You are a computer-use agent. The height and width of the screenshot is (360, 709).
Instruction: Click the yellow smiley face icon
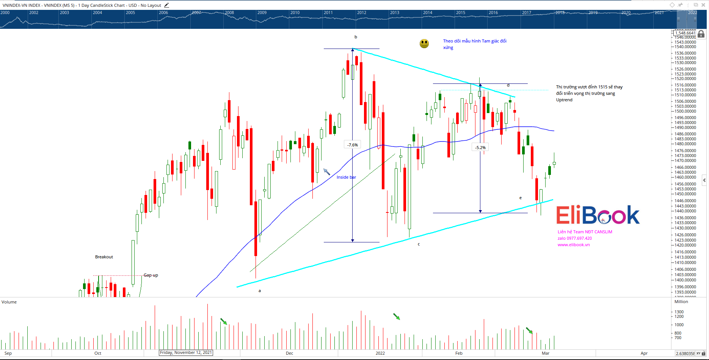pyautogui.click(x=424, y=44)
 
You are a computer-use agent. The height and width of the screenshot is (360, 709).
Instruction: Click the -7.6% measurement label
pyautogui.click(x=353, y=145)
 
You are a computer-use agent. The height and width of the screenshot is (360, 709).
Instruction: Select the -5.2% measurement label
pyautogui.click(x=480, y=148)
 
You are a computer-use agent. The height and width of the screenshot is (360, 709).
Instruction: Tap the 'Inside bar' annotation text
pyautogui.click(x=346, y=177)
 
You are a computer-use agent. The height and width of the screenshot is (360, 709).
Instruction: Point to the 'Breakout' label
pyautogui.click(x=104, y=257)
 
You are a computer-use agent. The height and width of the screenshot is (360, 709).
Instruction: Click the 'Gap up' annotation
pyautogui.click(x=151, y=275)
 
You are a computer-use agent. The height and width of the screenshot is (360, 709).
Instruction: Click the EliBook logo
pyautogui.click(x=598, y=215)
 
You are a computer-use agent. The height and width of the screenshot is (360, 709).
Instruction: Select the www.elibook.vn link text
pyautogui.click(x=573, y=245)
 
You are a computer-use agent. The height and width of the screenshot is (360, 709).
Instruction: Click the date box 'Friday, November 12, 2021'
pyautogui.click(x=186, y=353)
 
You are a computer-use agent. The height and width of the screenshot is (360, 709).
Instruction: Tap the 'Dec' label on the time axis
pyautogui.click(x=289, y=353)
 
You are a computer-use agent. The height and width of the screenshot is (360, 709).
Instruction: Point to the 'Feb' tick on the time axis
pyautogui.click(x=459, y=353)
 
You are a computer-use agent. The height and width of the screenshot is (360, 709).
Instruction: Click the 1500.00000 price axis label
pyautogui.click(x=685, y=111)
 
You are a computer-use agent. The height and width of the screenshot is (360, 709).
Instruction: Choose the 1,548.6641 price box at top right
pyautogui.click(x=685, y=33)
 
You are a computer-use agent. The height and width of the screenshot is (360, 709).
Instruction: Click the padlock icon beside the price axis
pyautogui.click(x=701, y=34)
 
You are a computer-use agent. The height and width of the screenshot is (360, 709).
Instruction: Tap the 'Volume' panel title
pyautogui.click(x=9, y=302)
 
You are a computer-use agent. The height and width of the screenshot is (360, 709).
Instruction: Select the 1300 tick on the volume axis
pyautogui.click(x=679, y=312)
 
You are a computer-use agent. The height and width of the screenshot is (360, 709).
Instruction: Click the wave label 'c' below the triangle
pyautogui.click(x=419, y=244)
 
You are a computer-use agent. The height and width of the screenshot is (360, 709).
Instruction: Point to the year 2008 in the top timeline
pyautogui.click(x=229, y=13)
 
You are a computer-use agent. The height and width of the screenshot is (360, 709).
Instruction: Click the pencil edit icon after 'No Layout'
pyautogui.click(x=166, y=5)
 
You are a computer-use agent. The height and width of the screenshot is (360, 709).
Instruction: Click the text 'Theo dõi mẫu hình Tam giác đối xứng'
pyautogui.click(x=474, y=44)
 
